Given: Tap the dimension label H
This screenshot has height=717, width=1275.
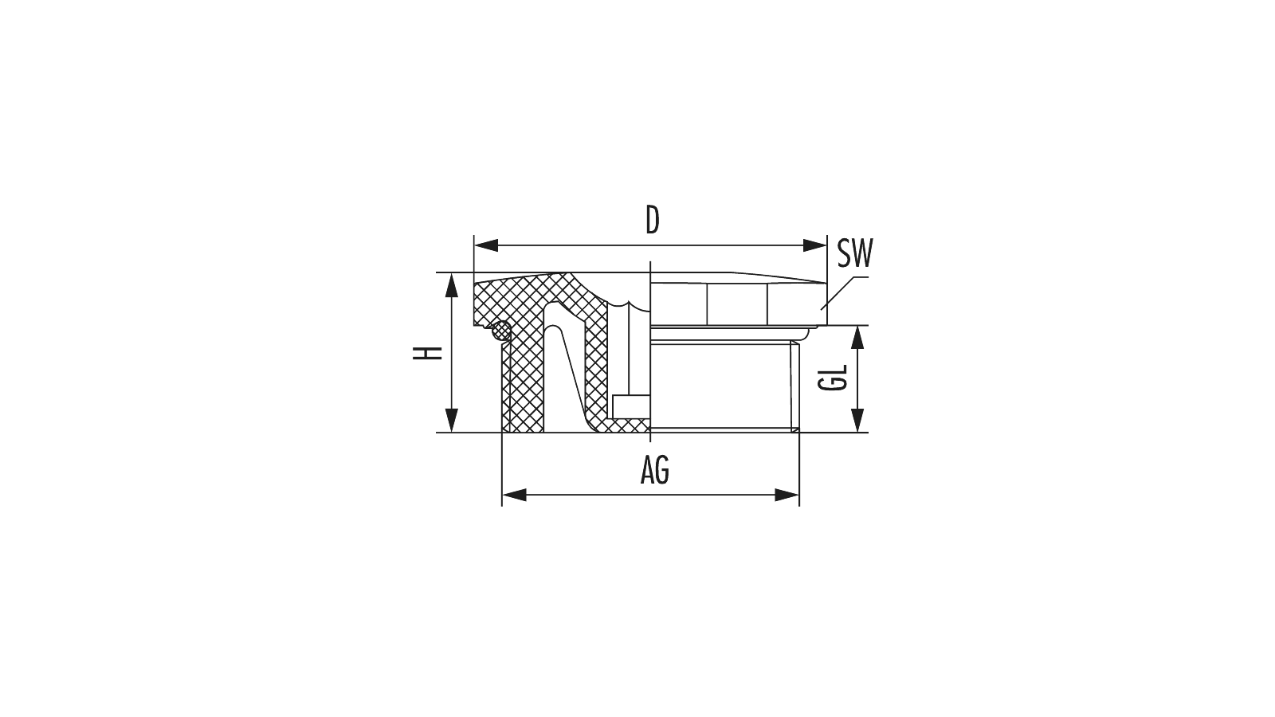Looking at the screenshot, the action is [x=428, y=353].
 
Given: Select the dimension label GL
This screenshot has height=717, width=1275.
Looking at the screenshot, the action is [x=834, y=378].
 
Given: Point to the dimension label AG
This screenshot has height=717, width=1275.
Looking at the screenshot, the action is [x=655, y=471].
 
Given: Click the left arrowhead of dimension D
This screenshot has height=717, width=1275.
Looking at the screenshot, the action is [x=486, y=245].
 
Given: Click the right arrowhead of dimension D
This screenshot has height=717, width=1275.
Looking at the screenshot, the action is [x=814, y=245].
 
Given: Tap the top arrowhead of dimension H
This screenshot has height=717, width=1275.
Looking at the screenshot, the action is [x=451, y=285].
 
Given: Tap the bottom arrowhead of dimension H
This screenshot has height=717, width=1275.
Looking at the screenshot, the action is [x=451, y=420].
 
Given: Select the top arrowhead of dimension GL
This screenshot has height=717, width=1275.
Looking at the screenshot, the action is [x=857, y=338].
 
